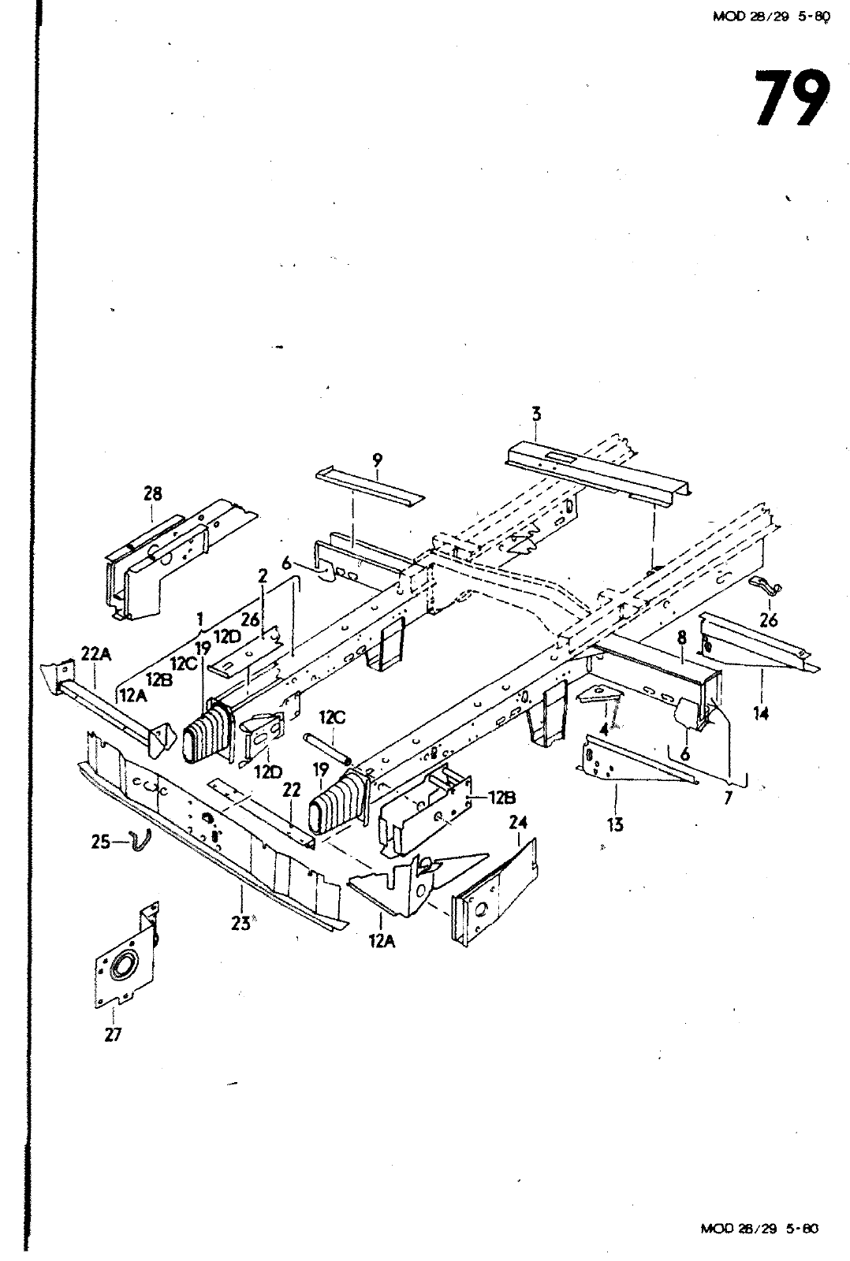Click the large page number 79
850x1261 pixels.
[791, 99]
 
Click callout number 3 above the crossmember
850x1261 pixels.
[536, 413]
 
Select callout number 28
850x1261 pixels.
[152, 494]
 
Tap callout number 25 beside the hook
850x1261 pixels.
[101, 843]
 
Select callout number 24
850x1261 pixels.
[517, 823]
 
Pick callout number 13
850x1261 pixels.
[615, 824]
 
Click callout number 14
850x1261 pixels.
[760, 713]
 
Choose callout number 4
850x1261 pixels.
[604, 729]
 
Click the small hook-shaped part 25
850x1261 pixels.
[140, 842]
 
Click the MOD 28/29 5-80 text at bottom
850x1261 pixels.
[760, 1228]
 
